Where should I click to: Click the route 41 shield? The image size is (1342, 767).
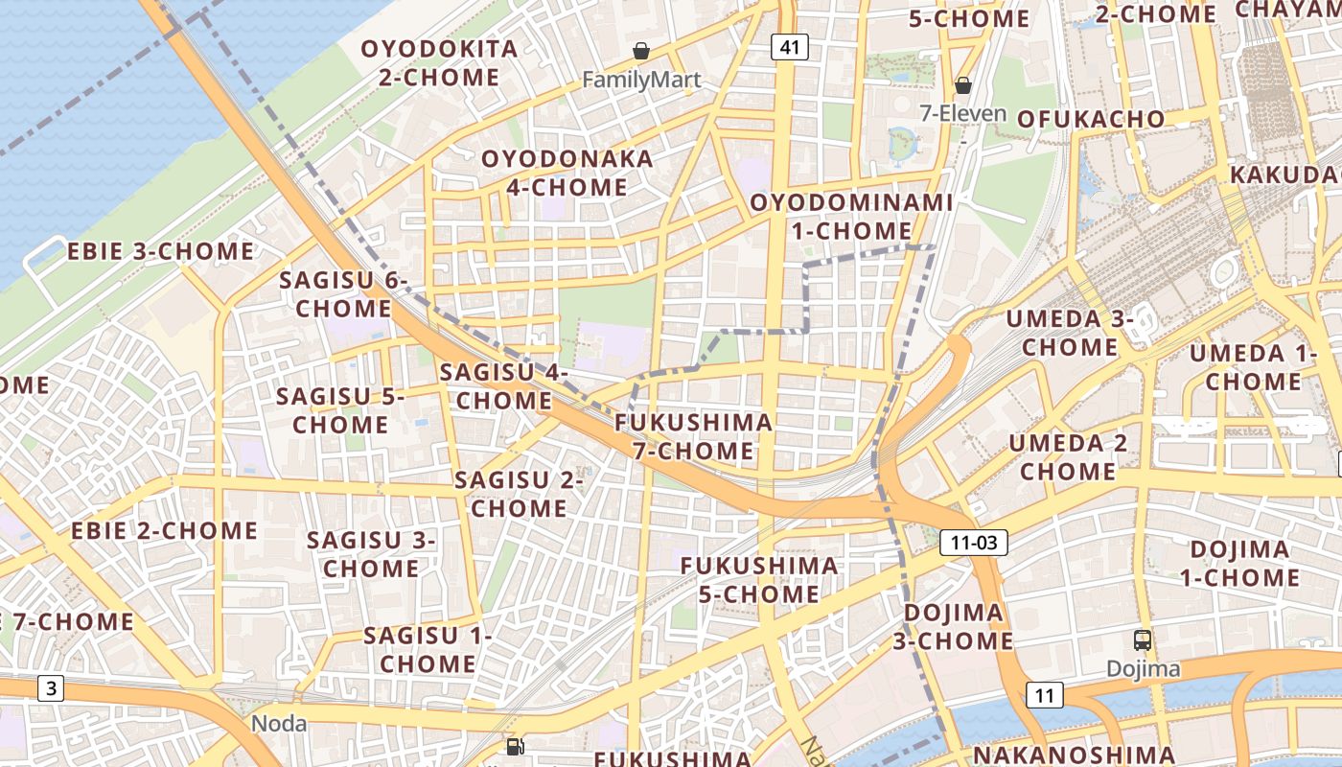pos(788,47)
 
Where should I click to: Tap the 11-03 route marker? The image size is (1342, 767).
pos(974,543)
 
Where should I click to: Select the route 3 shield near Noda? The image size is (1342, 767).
pos(51,687)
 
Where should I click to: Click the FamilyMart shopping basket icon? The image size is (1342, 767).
pos(640,51)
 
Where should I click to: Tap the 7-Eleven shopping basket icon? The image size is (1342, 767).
pos(963,85)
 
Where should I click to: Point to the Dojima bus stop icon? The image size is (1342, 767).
pos(1142,639)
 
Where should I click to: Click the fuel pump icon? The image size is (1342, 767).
pos(515,746)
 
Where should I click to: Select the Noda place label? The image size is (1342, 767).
pos(279,723)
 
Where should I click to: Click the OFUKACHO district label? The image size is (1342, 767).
pos(1091,119)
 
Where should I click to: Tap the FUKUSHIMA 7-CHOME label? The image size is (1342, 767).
pos(694,436)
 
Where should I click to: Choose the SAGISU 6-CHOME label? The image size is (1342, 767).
pos(343,294)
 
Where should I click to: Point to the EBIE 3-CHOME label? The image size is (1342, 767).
pos(160,252)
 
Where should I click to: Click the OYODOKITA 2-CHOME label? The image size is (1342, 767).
pos(439,62)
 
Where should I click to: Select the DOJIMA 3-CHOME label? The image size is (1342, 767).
pos(954,626)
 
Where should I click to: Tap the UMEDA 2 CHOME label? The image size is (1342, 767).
pos(1068,457)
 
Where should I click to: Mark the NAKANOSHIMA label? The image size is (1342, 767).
pos(1074,755)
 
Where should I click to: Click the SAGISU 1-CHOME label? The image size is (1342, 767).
pos(428,649)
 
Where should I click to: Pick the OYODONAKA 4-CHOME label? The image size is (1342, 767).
pos(567,173)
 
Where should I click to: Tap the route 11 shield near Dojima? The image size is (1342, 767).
pos(1044,695)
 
